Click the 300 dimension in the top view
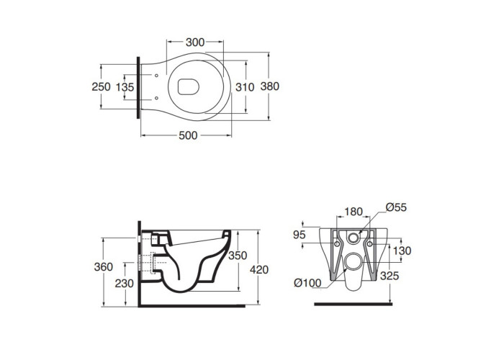(x=195, y=42)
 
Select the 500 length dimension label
(x=188, y=135)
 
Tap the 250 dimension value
(x=101, y=87)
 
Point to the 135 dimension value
(x=125, y=87)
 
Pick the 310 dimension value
(x=245, y=87)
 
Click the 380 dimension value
(x=270, y=86)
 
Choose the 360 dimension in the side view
(x=104, y=267)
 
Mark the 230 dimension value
(x=125, y=284)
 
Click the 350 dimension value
(x=238, y=256)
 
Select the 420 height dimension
(x=259, y=270)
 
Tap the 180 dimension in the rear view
(x=354, y=212)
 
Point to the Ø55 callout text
(x=396, y=207)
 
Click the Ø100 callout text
(x=307, y=283)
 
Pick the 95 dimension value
(x=300, y=235)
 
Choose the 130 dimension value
(x=402, y=251)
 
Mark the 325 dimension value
(x=390, y=276)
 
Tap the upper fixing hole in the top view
(x=156, y=76)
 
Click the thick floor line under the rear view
(x=353, y=304)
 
